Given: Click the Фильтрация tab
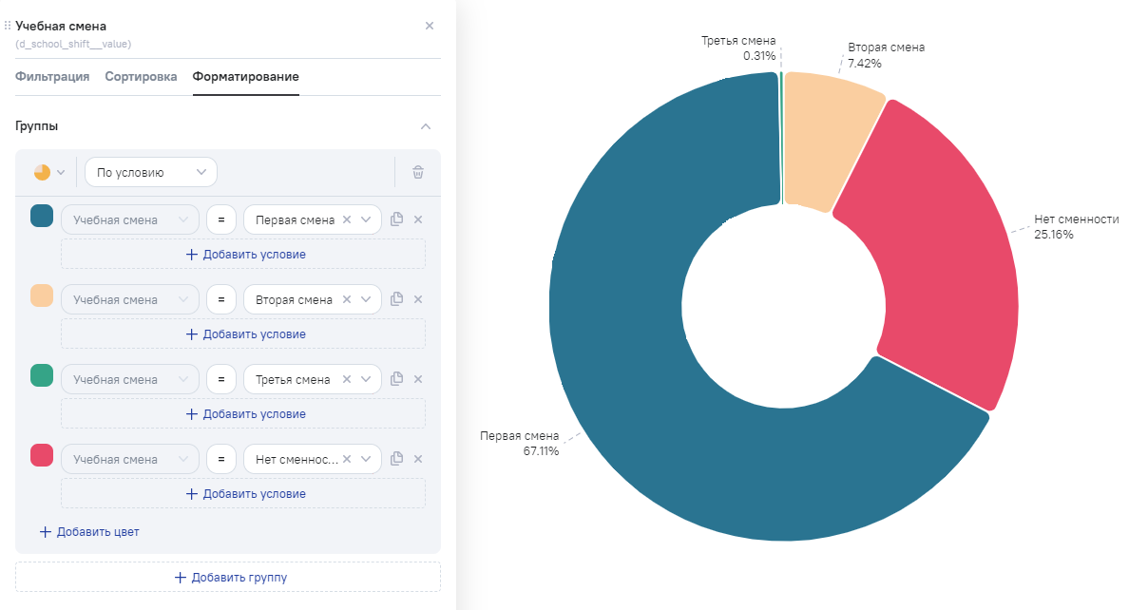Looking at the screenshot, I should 52,77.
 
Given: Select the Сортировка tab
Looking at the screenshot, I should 141,77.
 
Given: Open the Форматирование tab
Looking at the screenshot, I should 245,77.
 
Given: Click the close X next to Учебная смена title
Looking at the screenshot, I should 429,26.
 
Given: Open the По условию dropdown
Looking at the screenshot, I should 151,172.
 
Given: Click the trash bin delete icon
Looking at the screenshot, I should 418,172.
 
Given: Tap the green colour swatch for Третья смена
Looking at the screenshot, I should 42,376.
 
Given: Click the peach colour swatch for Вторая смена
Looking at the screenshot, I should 42,296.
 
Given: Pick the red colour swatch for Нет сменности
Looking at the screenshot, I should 42,456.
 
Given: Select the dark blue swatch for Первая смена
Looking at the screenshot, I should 42,217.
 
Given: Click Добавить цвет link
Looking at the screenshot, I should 89,532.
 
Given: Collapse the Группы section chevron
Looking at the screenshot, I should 426,126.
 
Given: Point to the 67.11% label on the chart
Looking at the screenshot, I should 540,451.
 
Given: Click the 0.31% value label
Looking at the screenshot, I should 759,56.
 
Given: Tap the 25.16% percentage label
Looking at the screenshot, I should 1054,235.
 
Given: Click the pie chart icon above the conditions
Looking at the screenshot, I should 42,172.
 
